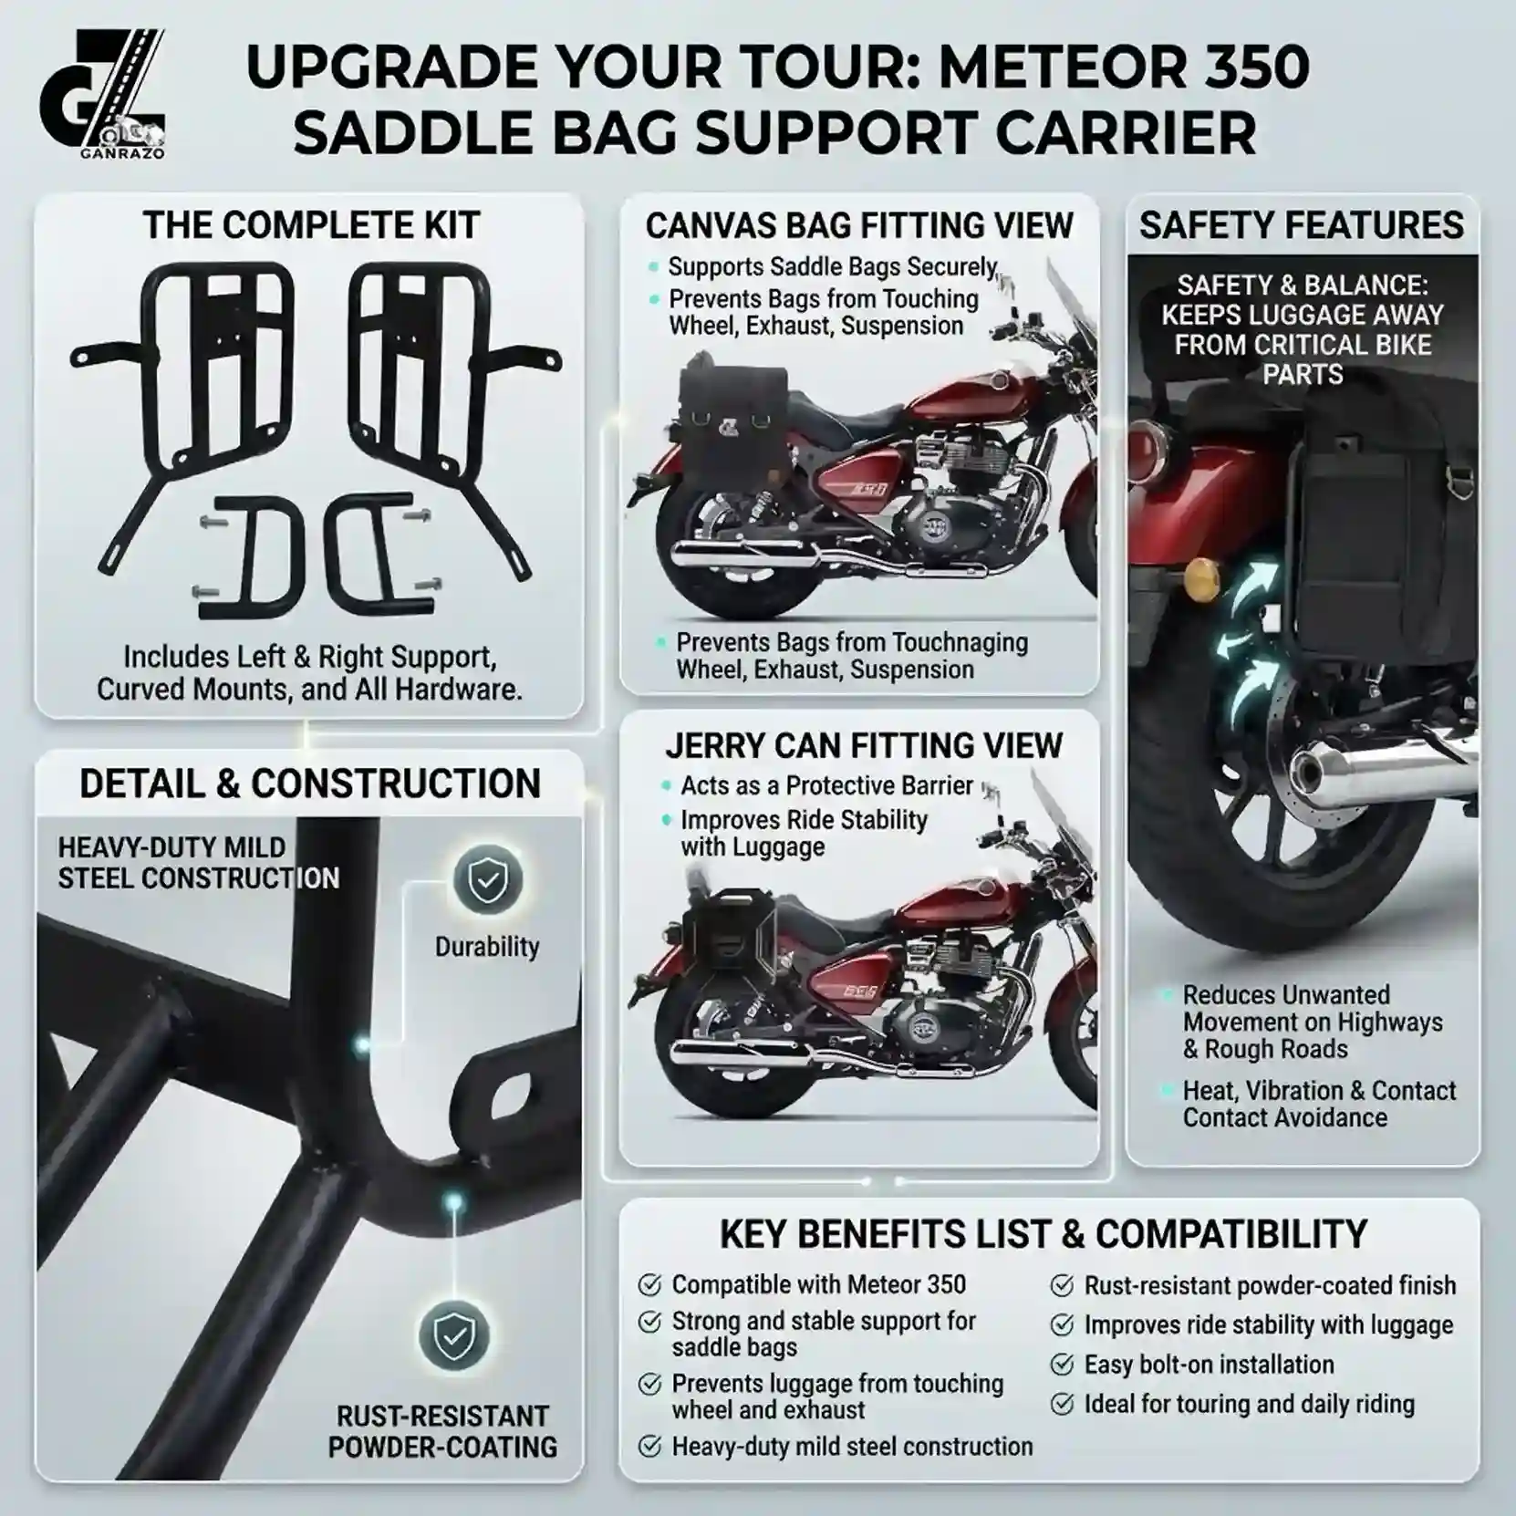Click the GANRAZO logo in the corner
(x=102, y=95)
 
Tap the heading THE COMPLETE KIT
(x=311, y=225)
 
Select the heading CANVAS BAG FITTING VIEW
(x=859, y=225)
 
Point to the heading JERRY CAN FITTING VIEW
(x=864, y=745)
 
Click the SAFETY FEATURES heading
(x=1302, y=225)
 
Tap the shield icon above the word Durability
(x=488, y=879)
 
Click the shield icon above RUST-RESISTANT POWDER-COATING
(x=453, y=1336)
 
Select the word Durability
(x=487, y=947)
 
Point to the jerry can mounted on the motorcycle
(x=731, y=945)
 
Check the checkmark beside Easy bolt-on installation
(x=1062, y=1365)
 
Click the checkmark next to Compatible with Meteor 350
(x=649, y=1285)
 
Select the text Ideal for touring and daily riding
(x=1249, y=1404)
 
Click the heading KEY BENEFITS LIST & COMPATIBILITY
(x=1044, y=1234)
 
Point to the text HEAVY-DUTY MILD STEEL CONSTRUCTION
(x=199, y=863)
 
